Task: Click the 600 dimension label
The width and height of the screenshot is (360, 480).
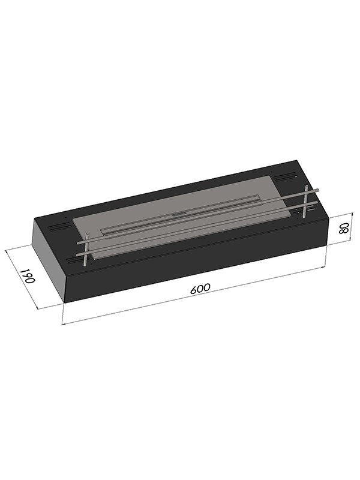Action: pos(200,289)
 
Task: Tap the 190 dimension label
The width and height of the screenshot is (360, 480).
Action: pos(27,276)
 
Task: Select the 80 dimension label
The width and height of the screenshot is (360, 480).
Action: pos(344,228)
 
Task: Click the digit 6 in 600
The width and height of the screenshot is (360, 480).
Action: pos(193,290)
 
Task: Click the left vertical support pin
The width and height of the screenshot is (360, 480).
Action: pos(86,249)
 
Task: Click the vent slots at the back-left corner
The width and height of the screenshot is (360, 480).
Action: pos(61,227)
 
